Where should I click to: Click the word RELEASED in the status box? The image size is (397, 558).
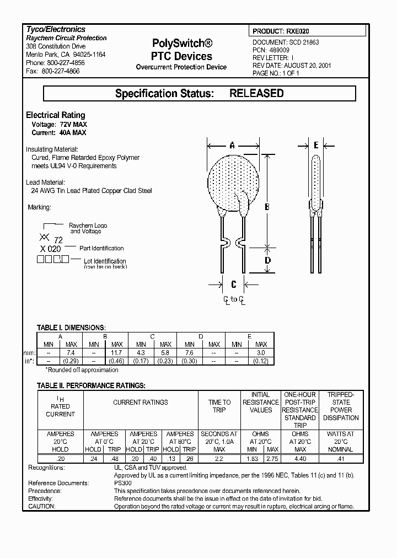[x=256, y=94]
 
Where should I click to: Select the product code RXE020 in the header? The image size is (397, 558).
[x=301, y=32]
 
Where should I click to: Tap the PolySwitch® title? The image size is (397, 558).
[x=181, y=44]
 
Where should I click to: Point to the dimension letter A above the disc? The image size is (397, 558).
[x=232, y=146]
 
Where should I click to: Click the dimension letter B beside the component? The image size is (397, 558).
[x=266, y=207]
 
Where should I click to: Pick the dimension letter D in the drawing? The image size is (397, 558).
[x=267, y=260]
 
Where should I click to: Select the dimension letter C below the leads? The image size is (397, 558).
[x=234, y=285]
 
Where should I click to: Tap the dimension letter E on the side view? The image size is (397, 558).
[x=315, y=146]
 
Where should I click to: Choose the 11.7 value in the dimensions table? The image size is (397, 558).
[x=117, y=352]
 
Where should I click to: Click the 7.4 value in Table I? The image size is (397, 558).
[x=71, y=352]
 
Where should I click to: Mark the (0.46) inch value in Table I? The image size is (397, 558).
[x=117, y=361]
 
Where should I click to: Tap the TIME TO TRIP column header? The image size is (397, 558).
[x=219, y=406]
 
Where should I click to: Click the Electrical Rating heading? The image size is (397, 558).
[x=56, y=115]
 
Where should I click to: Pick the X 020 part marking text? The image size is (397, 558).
[x=51, y=249]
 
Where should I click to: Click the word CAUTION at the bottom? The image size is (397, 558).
[x=41, y=506]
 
